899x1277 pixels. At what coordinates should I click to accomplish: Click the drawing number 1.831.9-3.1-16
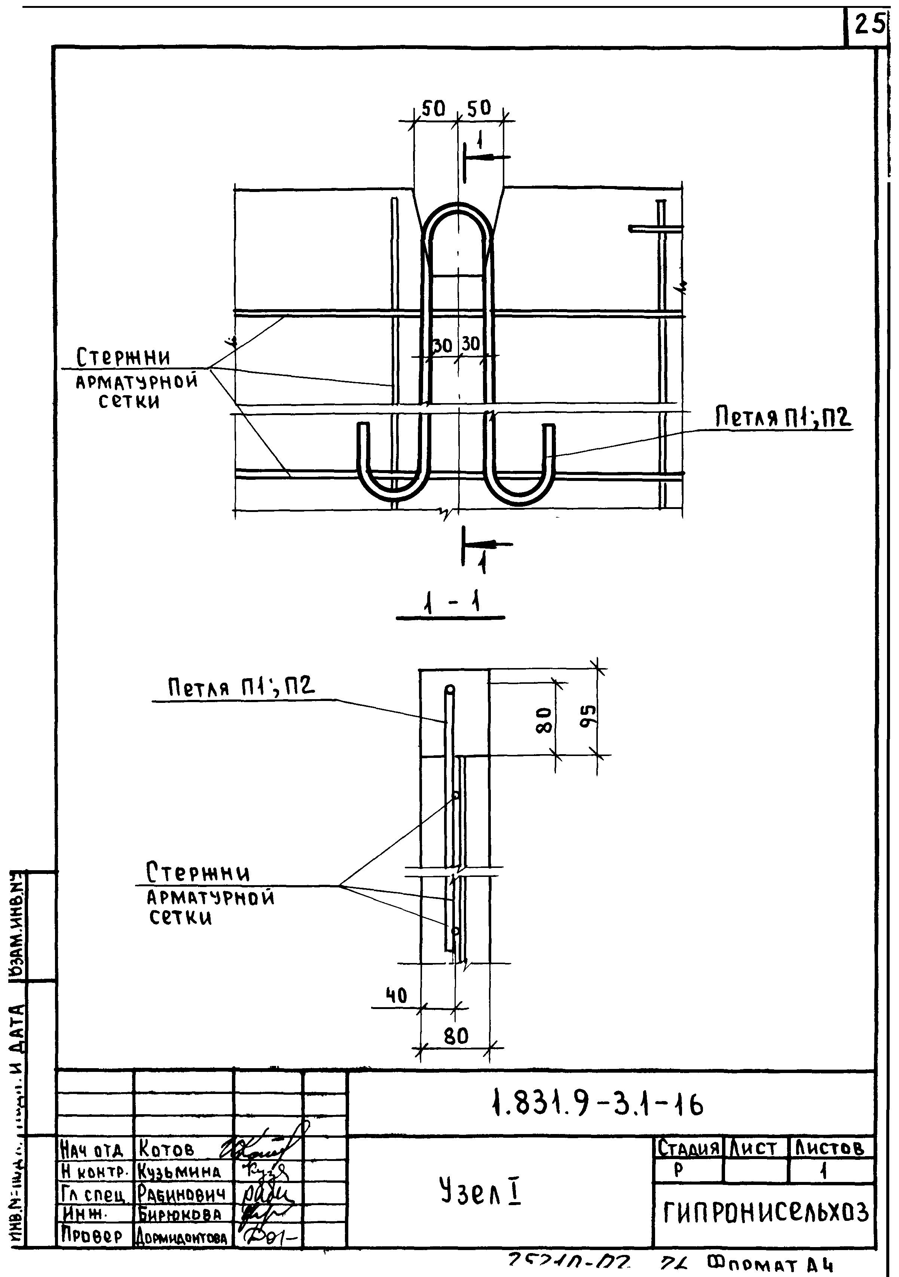point(598,1105)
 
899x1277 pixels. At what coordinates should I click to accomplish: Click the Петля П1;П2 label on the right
point(783,417)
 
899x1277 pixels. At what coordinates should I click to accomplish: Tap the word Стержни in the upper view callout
point(123,357)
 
